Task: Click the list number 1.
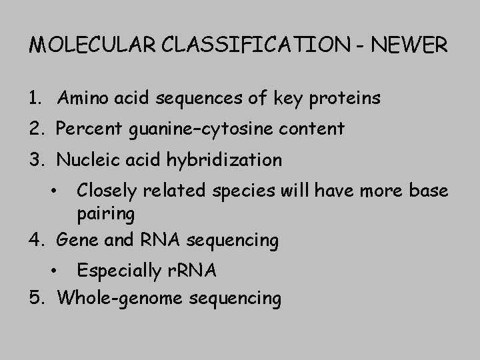point(35,99)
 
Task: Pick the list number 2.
point(35,128)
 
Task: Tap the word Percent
point(88,128)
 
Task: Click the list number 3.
point(35,160)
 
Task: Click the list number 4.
point(35,239)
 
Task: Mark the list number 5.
point(35,297)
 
